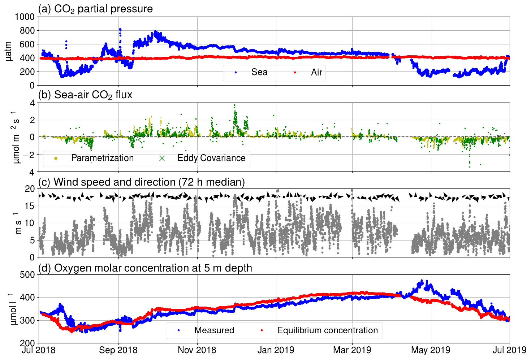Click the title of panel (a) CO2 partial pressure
click(95, 9)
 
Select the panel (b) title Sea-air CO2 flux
click(85, 95)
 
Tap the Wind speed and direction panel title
click(141, 182)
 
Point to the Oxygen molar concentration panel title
click(145, 268)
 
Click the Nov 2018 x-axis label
click(197, 350)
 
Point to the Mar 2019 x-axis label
click(352, 350)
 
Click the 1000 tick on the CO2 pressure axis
click(25, 17)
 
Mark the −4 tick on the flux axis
click(29, 172)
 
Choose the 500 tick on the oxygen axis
click(27, 275)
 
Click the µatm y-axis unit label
click(9, 51)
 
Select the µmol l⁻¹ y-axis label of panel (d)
click(13, 309)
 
